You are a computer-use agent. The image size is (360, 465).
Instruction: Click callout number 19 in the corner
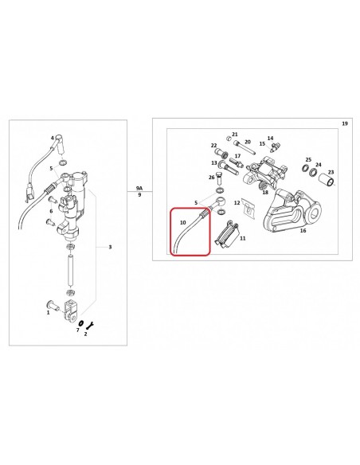[x=345, y=123]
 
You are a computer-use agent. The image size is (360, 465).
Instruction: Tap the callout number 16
[x=303, y=230]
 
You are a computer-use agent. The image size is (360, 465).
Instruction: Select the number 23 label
[x=331, y=172]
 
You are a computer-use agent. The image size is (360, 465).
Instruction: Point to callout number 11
[x=243, y=238]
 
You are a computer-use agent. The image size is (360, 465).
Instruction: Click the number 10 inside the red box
[x=182, y=222]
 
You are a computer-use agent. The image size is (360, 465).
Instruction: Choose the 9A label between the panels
[x=139, y=188]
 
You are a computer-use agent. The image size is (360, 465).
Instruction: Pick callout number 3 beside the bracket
[x=110, y=247]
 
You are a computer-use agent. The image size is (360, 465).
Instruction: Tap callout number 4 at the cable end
[x=53, y=138]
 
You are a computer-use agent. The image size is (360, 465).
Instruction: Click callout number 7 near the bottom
[x=78, y=330]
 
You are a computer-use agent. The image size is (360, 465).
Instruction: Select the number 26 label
[x=211, y=178]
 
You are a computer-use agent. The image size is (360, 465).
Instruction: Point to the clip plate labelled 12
[x=248, y=206]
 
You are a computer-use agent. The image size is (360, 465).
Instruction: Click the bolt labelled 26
[x=220, y=178]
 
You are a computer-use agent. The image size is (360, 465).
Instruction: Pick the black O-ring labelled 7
[x=81, y=323]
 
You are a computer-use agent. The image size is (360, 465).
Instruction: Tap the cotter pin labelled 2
[x=90, y=326]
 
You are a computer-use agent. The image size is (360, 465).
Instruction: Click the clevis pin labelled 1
[x=53, y=305]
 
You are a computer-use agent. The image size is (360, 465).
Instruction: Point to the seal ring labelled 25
[x=305, y=168]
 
